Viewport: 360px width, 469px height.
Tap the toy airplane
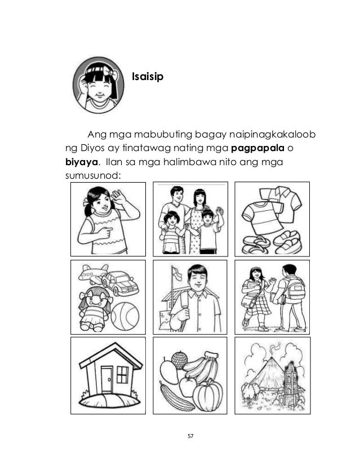click(x=91, y=274)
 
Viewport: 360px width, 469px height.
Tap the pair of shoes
click(x=271, y=243)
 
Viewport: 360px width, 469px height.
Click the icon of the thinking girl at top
click(x=97, y=85)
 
